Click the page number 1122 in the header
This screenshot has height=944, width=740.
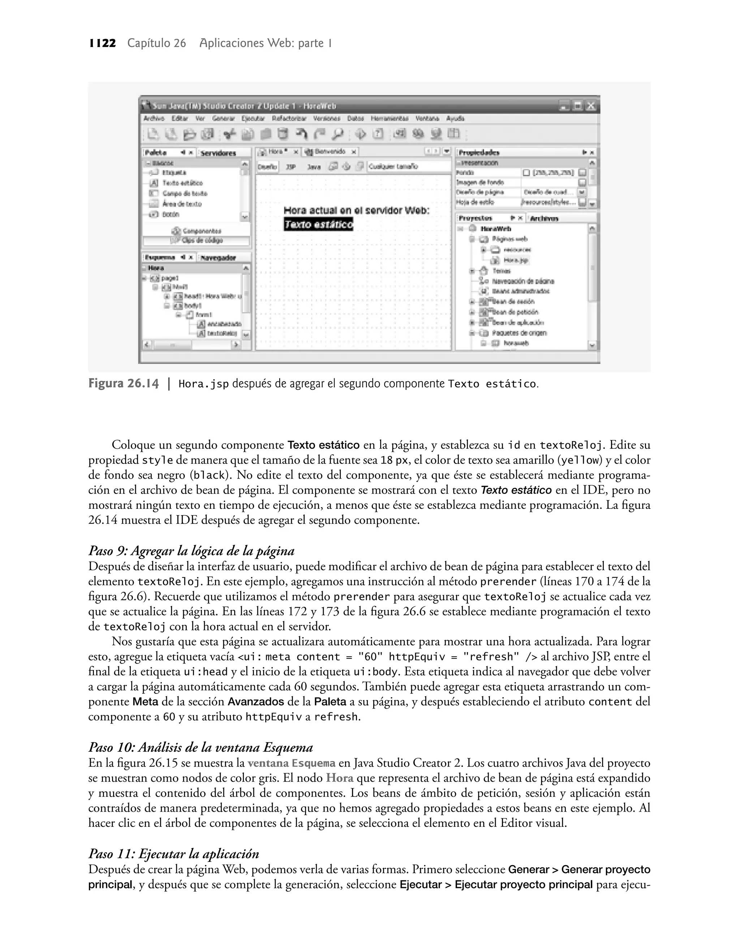103,43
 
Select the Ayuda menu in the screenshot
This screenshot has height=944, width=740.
455,118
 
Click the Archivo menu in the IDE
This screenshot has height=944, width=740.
154,118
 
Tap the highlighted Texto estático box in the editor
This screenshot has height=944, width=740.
318,225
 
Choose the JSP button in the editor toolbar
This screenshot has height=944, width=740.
291,167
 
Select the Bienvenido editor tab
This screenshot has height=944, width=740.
330,151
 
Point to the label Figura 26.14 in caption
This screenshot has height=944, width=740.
124,384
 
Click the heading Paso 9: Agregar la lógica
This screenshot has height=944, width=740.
191,551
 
